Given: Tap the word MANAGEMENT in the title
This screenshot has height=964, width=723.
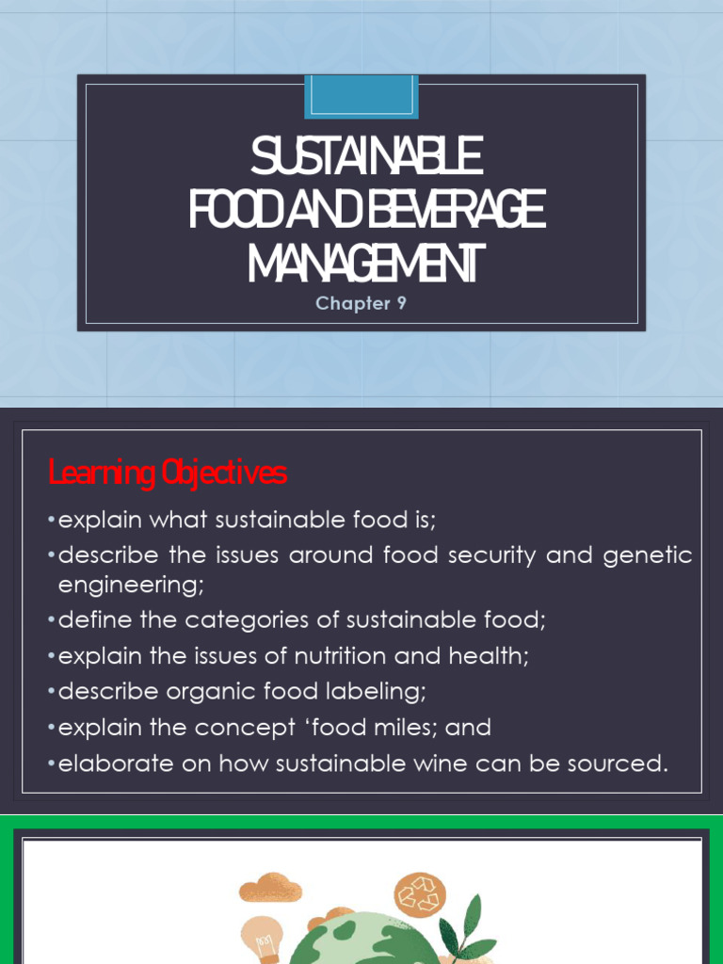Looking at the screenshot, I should click(366, 265).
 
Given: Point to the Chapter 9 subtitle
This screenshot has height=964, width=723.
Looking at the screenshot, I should click(361, 304).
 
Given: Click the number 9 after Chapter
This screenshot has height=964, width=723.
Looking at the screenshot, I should click(400, 304).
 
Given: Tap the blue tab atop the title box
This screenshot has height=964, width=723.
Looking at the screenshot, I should click(361, 96).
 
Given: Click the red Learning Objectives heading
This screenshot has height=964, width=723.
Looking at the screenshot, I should click(167, 473).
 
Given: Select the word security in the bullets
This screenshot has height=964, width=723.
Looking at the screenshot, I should click(483, 555).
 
